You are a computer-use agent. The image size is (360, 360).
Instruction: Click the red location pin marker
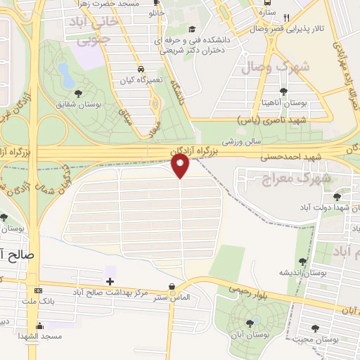pyautogui.click(x=181, y=165)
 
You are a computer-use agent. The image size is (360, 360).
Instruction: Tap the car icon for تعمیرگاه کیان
pyautogui.click(x=142, y=70)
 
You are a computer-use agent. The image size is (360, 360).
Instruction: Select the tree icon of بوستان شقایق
pyautogui.click(x=77, y=93)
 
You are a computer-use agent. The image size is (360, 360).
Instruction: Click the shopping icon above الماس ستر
pyautogui.click(x=173, y=286)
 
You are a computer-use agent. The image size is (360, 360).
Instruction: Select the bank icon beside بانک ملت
pyautogui.click(x=39, y=291)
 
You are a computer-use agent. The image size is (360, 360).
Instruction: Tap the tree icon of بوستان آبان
pyautogui.click(x=250, y=323)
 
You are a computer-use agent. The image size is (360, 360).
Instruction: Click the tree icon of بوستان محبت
pyautogui.click(x=314, y=328)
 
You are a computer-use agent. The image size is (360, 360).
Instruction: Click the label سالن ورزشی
pyautogui.click(x=243, y=141)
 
